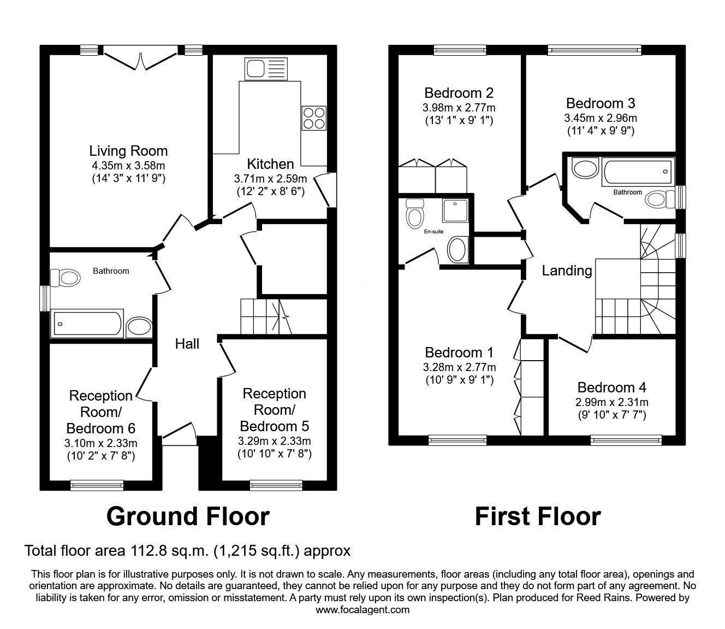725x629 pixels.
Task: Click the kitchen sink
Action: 266,68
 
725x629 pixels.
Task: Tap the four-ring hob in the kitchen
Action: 314,118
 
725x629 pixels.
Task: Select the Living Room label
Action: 128,151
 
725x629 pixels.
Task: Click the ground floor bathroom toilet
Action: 66,278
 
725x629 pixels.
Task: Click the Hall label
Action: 187,344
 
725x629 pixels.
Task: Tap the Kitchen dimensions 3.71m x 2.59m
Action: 270,179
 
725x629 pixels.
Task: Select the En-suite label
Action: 433,232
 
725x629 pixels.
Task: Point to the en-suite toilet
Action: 414,213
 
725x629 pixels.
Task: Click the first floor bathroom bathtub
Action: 638,172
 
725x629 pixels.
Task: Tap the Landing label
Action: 567,271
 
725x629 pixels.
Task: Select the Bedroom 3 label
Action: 601,103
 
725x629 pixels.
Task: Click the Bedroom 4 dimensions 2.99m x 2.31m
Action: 611,402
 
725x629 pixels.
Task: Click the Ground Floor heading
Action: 188,516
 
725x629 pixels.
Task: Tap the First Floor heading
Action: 538,516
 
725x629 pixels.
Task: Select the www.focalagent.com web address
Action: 362,610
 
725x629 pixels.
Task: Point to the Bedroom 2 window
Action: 460,50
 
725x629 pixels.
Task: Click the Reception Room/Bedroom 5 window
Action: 276,485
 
